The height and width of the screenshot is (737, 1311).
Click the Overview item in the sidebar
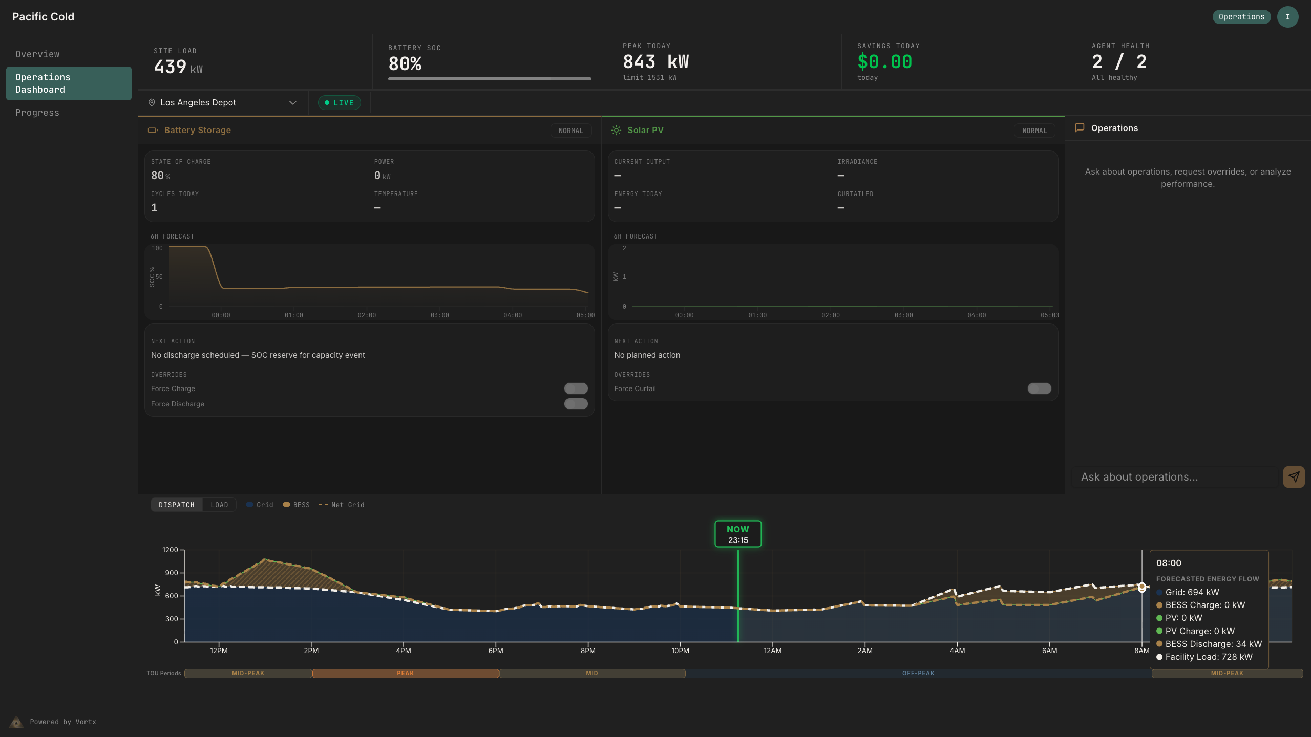[37, 54]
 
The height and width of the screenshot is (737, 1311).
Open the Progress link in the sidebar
[37, 113]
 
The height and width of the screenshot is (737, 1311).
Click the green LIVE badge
[340, 103]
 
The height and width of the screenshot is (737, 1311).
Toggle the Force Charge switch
[576, 388]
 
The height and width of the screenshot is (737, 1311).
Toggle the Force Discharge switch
[576, 404]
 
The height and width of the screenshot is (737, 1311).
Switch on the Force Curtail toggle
[1039, 388]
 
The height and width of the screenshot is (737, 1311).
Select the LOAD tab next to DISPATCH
[219, 505]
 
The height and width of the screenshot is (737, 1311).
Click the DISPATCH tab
[177, 505]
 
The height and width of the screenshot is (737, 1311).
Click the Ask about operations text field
[1175, 477]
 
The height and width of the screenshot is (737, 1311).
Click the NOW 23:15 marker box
[737, 534]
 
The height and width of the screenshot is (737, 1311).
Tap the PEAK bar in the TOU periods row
[405, 674]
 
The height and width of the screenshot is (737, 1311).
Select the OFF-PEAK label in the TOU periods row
[918, 674]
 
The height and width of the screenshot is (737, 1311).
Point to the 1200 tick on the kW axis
[170, 550]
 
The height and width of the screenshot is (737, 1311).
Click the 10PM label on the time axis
[680, 651]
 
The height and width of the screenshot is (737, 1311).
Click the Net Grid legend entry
[342, 505]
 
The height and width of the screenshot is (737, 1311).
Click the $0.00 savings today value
[884, 62]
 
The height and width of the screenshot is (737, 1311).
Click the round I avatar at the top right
[1287, 17]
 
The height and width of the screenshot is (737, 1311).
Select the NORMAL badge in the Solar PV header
[1034, 131]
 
